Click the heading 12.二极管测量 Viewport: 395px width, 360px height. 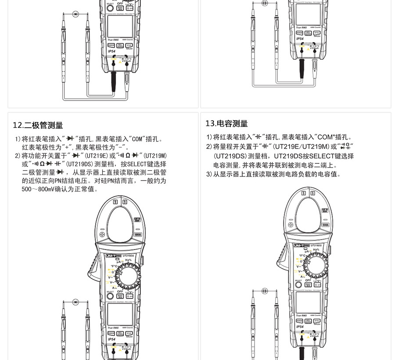tap(38, 126)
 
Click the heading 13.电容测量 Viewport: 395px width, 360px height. tap(226, 124)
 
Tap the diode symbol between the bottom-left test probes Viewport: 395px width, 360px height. tap(75, 302)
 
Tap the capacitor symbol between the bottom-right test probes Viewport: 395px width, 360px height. tap(265, 291)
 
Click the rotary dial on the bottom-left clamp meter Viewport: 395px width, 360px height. tap(128, 277)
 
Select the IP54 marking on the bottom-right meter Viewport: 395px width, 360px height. tap(300, 327)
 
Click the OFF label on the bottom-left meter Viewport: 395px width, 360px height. tap(120, 291)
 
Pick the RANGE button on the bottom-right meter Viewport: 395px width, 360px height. tap(299, 321)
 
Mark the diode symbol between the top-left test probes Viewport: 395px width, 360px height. tap(75, 14)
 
